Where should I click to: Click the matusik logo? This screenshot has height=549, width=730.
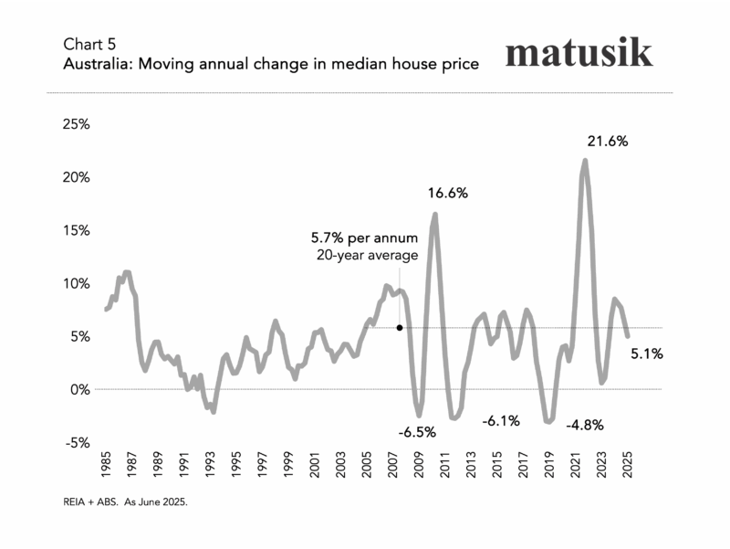[579, 52]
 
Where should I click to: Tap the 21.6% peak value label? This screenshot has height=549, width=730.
[608, 142]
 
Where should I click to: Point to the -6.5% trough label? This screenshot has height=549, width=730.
[418, 431]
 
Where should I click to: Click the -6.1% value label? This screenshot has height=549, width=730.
[500, 421]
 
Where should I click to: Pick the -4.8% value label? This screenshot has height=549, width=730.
[585, 426]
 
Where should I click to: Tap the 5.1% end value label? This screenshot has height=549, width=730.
[647, 354]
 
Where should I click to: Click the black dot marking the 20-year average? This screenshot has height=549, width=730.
[400, 327]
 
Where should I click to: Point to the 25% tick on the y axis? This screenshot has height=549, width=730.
[76, 124]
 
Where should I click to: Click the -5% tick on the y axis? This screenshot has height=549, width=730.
[76, 442]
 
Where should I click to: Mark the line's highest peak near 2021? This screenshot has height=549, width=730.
[585, 161]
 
